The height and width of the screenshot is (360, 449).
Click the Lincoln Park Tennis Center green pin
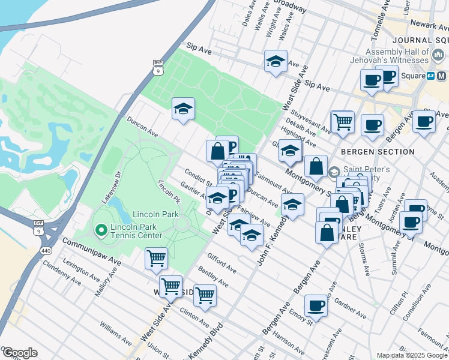point(100,229)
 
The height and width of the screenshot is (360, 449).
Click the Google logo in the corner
point(19,353)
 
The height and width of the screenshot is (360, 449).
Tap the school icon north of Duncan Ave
point(183,109)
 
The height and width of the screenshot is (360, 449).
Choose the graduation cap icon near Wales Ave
point(276,62)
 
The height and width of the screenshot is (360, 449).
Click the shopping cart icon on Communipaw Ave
point(156,259)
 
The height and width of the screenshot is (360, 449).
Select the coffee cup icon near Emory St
point(316,306)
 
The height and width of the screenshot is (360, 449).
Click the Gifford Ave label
point(221,263)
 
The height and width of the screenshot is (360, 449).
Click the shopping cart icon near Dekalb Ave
point(343,121)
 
